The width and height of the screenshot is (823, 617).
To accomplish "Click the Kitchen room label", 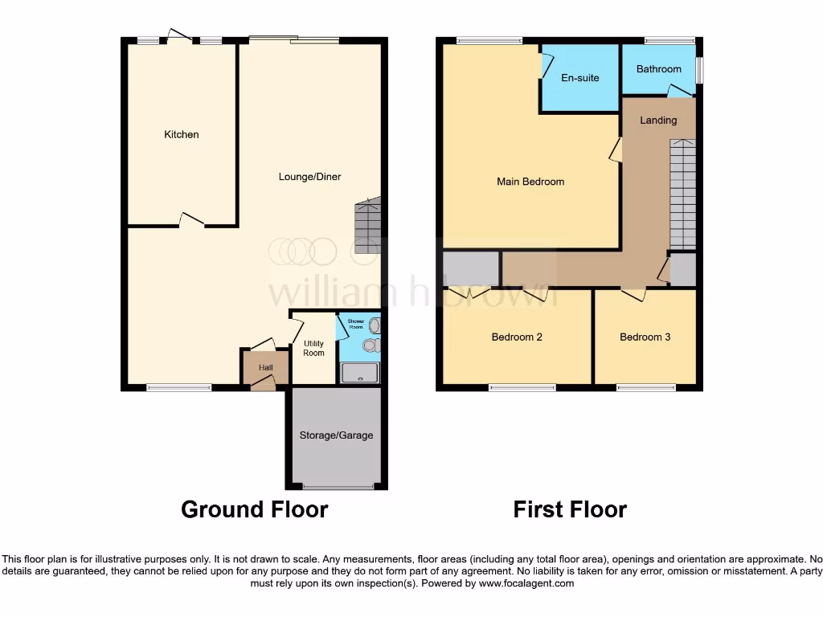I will point(181,134).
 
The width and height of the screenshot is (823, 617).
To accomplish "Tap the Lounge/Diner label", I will point(309,177).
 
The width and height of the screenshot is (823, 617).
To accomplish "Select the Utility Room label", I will point(313,349).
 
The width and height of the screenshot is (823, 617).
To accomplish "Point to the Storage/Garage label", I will point(336,435).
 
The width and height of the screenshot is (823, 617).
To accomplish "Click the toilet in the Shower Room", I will point(370,345).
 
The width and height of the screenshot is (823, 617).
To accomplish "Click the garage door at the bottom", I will point(338,487).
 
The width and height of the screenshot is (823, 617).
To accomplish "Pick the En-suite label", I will point(579,78).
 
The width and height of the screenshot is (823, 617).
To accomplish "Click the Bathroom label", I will point(658,69).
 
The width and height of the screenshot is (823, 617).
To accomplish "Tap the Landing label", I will point(657,121).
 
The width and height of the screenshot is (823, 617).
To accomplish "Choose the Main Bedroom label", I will point(530,182).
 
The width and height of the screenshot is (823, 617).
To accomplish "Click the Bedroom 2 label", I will point(516,337).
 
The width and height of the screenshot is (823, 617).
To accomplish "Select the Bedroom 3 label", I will point(645,337).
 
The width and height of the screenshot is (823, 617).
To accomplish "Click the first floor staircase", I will point(682,193).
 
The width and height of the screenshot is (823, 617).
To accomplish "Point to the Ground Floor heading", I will point(254,509).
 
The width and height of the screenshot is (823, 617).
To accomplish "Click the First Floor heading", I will point(570,509).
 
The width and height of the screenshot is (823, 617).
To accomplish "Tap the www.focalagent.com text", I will point(526,584).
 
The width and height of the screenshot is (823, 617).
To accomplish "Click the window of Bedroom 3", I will point(646,388).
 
